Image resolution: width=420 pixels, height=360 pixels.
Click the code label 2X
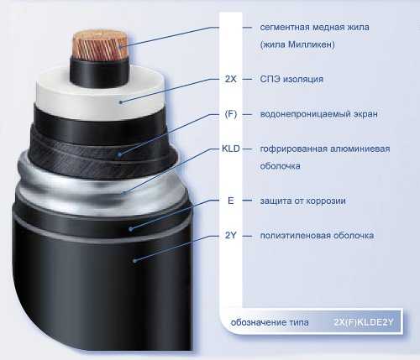pyautogui.click(x=231, y=79)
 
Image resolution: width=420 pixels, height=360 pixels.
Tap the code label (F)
pyautogui.click(x=231, y=114)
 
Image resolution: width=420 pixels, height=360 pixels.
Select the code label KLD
pyautogui.click(x=231, y=149)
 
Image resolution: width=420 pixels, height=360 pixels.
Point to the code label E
pyautogui.click(x=231, y=201)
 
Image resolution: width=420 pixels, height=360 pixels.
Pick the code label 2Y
pyautogui.click(x=231, y=236)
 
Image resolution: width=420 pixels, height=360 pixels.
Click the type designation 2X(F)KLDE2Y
pyautogui.click(x=364, y=322)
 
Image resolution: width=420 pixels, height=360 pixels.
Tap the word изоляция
pyautogui.click(x=303, y=79)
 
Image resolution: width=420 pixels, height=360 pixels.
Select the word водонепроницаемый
pyautogui.click(x=301, y=114)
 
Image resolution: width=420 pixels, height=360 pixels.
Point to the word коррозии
pyautogui.click(x=326, y=201)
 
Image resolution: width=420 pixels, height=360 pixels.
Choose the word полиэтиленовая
pyautogui.click(x=291, y=236)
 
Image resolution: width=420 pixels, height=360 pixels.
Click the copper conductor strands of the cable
pyautogui.click(x=99, y=46)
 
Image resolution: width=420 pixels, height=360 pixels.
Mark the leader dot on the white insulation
pyautogui.click(x=121, y=102)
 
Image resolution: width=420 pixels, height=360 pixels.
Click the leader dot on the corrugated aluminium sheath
pyautogui.click(x=123, y=192)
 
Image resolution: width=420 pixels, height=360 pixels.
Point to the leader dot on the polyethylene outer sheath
pyautogui.click(x=134, y=261)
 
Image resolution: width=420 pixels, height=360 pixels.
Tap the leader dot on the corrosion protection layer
pyautogui.click(x=130, y=229)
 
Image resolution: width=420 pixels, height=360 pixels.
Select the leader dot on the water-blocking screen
pyautogui.click(x=119, y=154)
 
